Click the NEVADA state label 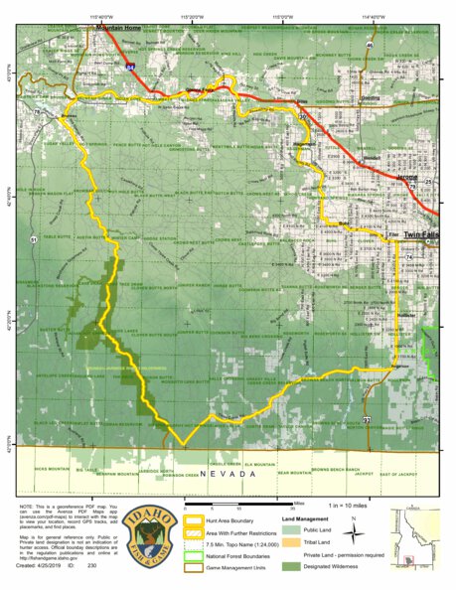[x=226, y=476]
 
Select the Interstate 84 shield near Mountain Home [x=130, y=68]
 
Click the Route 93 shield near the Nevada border [x=366, y=421]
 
